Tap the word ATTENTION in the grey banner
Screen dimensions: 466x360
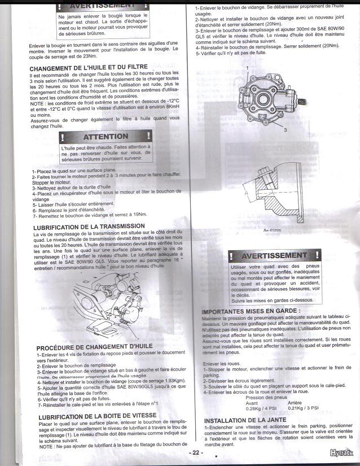105,137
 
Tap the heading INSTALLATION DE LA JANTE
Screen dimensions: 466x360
245,420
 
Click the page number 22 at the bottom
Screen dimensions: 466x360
196,452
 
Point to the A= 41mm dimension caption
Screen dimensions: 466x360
273,230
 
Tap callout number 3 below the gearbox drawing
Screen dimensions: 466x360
286,129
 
